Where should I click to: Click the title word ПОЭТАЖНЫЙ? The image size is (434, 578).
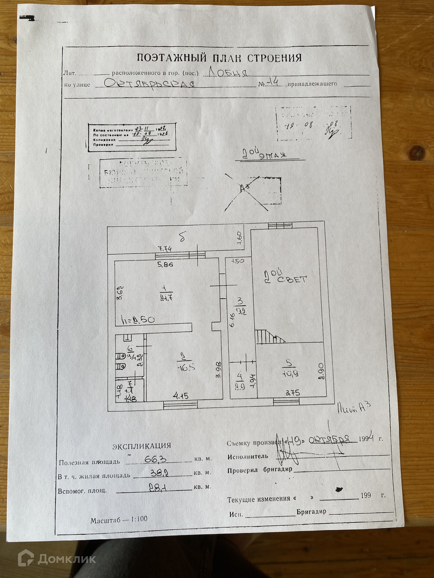coord(172,58)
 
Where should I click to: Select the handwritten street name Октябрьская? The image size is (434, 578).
coord(148,84)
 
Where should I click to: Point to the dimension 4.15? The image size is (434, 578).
coord(181,396)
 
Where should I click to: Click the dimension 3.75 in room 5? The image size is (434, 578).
coord(293,393)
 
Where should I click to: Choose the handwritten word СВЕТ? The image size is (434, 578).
coord(292,279)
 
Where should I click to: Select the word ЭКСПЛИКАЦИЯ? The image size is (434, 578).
coord(141,446)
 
